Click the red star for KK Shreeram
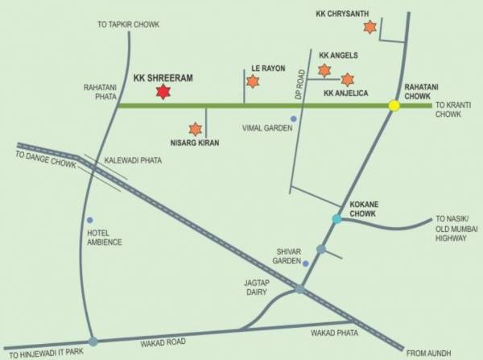point(163,92)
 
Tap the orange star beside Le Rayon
point(253,81)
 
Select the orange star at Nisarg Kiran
point(195,128)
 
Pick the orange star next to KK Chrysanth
point(369,27)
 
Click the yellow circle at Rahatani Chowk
point(394,106)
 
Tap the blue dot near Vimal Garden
point(294,119)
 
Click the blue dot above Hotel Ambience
point(90,220)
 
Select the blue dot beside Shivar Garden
point(306,263)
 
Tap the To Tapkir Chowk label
point(128,25)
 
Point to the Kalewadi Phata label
point(133,161)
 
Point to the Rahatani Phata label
point(101,93)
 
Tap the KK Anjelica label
point(345,94)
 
